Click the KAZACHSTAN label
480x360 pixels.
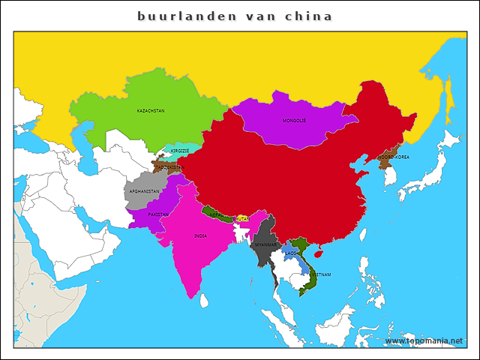(151, 110)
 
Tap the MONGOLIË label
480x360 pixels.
(294, 121)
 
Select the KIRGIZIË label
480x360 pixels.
(180, 151)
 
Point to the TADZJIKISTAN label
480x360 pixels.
(169, 167)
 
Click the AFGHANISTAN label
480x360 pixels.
(144, 191)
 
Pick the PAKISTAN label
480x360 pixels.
(158, 214)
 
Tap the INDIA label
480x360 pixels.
(200, 235)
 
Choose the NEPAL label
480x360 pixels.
(215, 214)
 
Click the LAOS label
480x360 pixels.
(290, 253)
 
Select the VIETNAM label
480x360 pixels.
(320, 274)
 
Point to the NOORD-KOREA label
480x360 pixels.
(394, 157)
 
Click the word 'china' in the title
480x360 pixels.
(309, 16)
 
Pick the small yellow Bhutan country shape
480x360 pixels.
(242, 217)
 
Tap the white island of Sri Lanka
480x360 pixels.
(203, 301)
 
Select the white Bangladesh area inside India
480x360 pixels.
(241, 234)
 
